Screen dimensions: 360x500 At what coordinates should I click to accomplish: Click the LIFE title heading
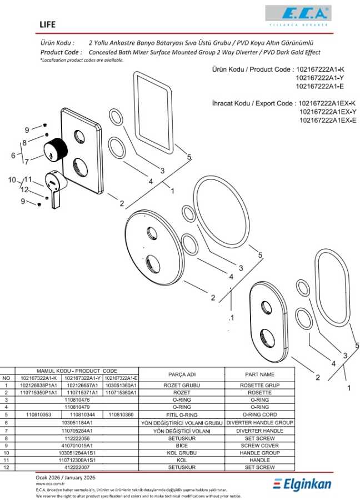(48, 24)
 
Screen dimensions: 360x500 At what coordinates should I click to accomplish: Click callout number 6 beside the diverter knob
(13, 156)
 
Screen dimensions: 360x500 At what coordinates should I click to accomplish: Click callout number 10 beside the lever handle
(12, 180)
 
